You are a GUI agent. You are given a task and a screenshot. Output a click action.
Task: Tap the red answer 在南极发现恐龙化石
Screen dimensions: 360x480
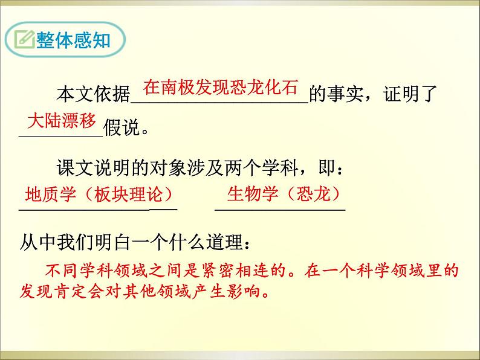click(x=221, y=88)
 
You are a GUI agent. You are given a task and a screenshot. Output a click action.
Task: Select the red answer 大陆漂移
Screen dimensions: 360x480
click(x=62, y=121)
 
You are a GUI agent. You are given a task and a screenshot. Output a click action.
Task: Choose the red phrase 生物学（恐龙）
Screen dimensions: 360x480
click(x=281, y=194)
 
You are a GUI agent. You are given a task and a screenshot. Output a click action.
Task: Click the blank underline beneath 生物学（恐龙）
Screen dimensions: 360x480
click(x=280, y=210)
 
